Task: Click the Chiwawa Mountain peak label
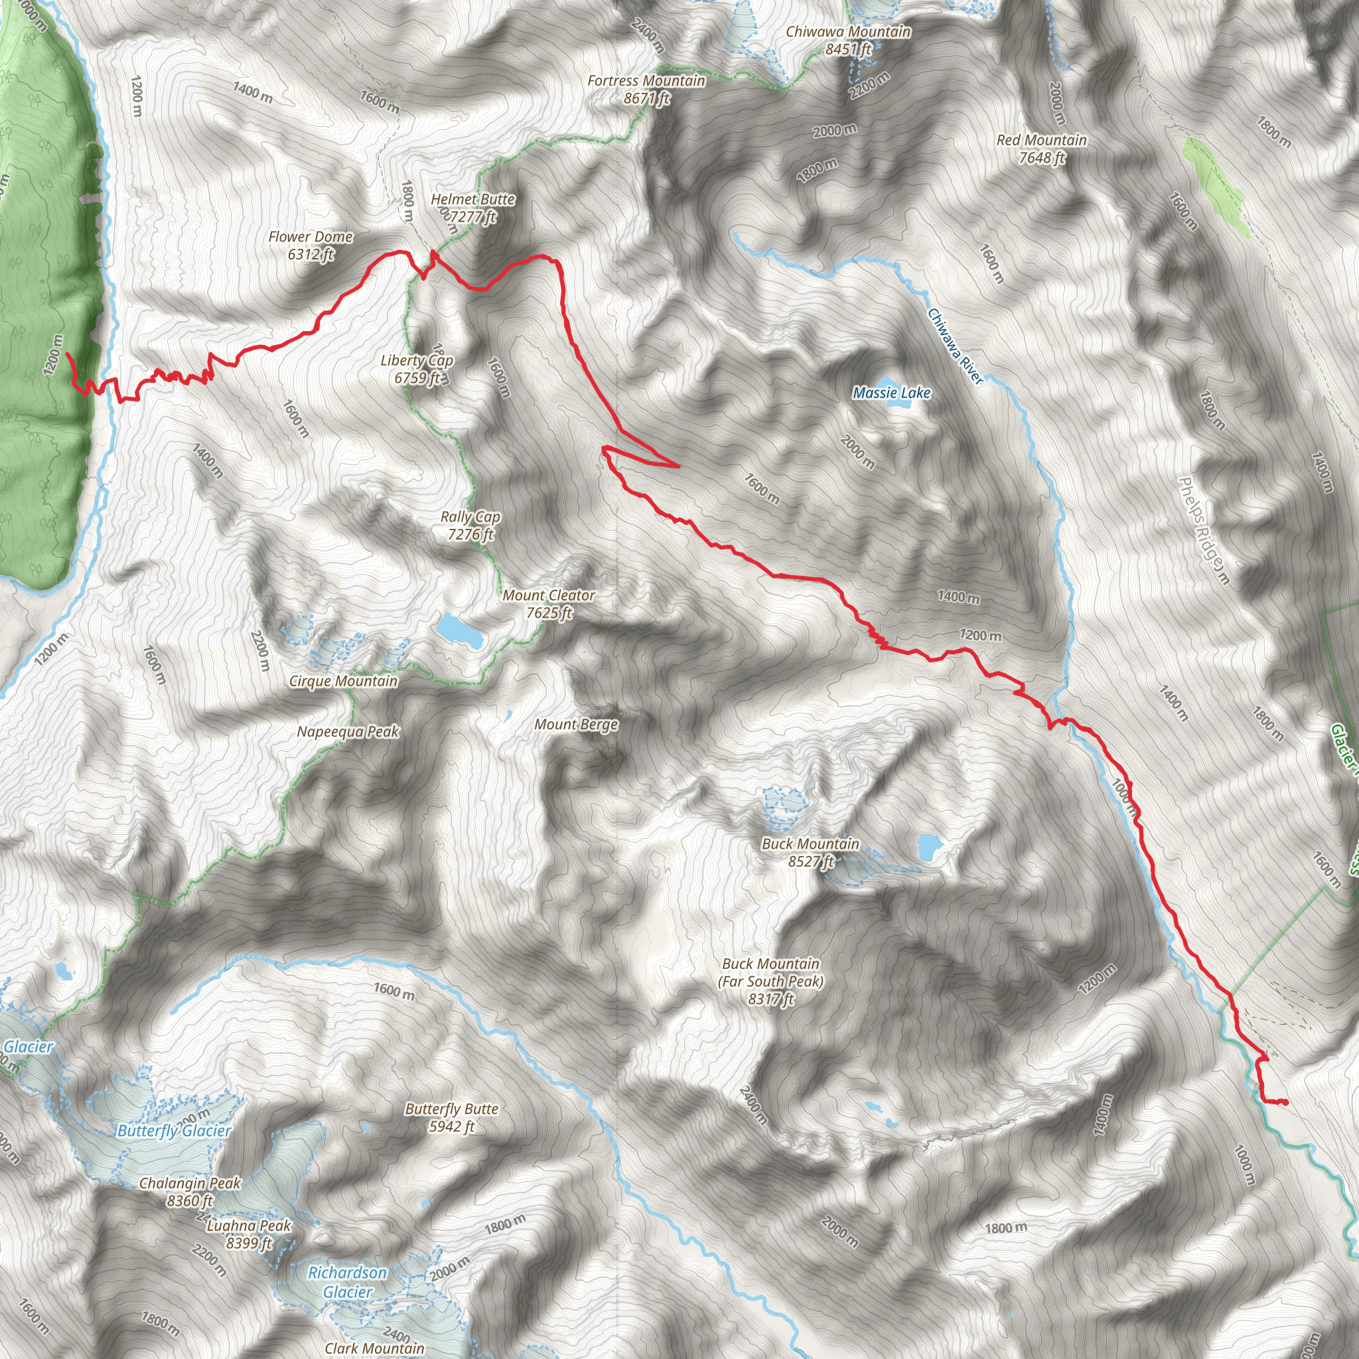[x=847, y=40]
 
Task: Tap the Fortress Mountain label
[x=646, y=90]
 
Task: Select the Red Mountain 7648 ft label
[x=1042, y=149]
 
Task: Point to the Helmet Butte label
[x=472, y=208]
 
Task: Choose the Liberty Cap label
[x=417, y=368]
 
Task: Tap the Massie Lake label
[x=891, y=393]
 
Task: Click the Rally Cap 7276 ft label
[x=470, y=526]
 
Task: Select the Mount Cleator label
[x=549, y=604]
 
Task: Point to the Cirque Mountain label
[x=343, y=681]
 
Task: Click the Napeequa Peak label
[x=348, y=731]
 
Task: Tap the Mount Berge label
[x=576, y=725]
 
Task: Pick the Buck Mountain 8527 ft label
[x=810, y=852]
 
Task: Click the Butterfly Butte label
[x=452, y=1117]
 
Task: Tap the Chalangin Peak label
[x=190, y=1192]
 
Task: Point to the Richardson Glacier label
[x=348, y=1281]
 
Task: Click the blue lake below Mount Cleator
[x=461, y=630]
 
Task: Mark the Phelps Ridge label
[x=1203, y=531]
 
